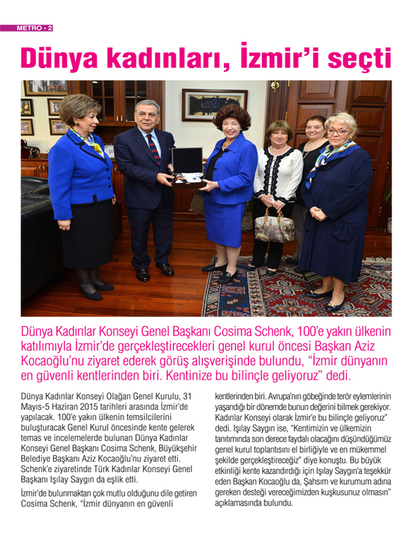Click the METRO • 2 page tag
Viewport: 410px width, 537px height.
click(26, 28)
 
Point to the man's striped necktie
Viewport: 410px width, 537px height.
click(153, 147)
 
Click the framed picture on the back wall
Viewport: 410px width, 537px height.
click(214, 104)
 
